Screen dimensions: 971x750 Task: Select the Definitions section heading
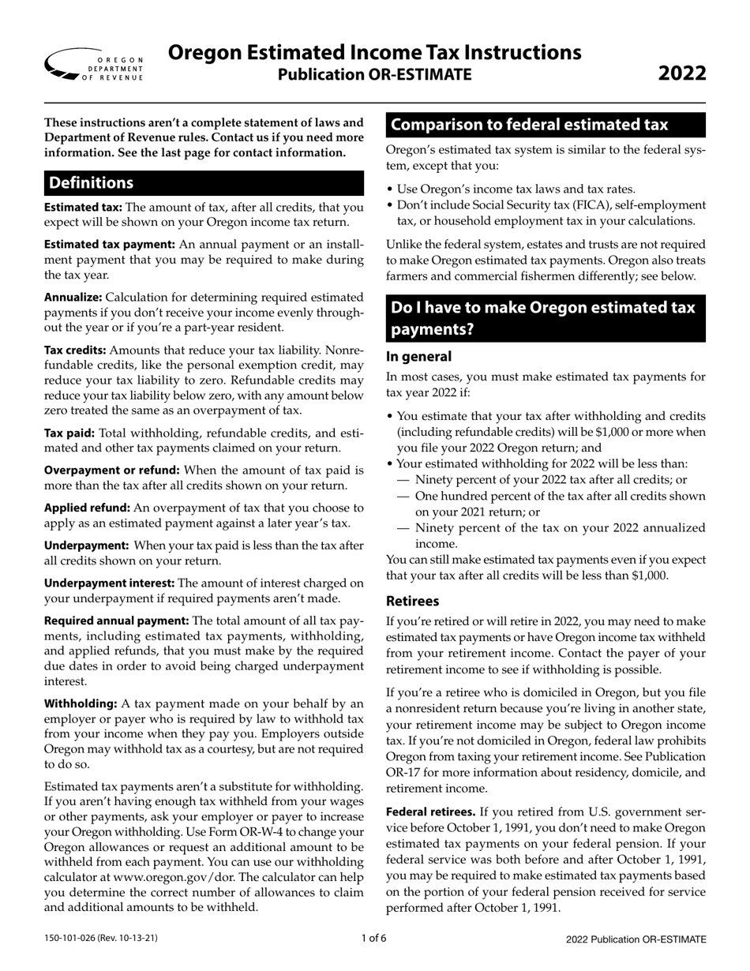point(92,183)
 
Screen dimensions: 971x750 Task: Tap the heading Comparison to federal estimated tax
point(529,125)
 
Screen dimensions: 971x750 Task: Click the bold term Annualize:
point(73,298)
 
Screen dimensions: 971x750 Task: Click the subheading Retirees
point(412,601)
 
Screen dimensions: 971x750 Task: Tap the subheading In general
point(418,356)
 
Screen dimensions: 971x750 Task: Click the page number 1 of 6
point(374,939)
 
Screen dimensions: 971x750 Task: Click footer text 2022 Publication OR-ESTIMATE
point(636,939)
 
